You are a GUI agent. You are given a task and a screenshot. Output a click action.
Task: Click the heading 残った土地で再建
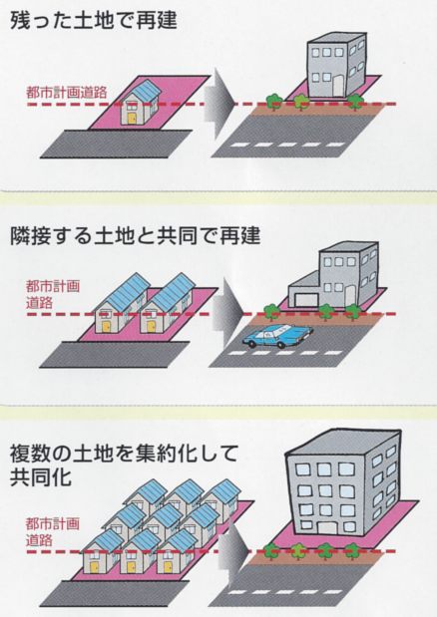coord(94,20)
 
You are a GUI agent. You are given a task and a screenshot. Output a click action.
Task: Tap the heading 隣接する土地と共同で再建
coord(135,236)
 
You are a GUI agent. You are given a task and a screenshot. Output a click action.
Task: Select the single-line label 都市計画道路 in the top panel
coord(67,93)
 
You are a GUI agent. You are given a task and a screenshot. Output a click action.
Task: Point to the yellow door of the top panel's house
coord(132,119)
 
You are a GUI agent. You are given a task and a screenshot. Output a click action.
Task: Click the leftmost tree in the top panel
coord(273,102)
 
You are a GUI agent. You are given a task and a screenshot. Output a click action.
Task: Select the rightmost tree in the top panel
coord(355,101)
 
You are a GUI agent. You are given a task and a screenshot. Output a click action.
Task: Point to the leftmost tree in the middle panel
coord(270,312)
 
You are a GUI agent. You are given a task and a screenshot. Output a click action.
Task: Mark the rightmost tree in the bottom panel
coord(352,550)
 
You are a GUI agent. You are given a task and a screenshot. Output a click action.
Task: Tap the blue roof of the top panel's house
coord(144,93)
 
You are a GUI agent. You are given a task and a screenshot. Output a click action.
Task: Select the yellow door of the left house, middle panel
coord(107,327)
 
